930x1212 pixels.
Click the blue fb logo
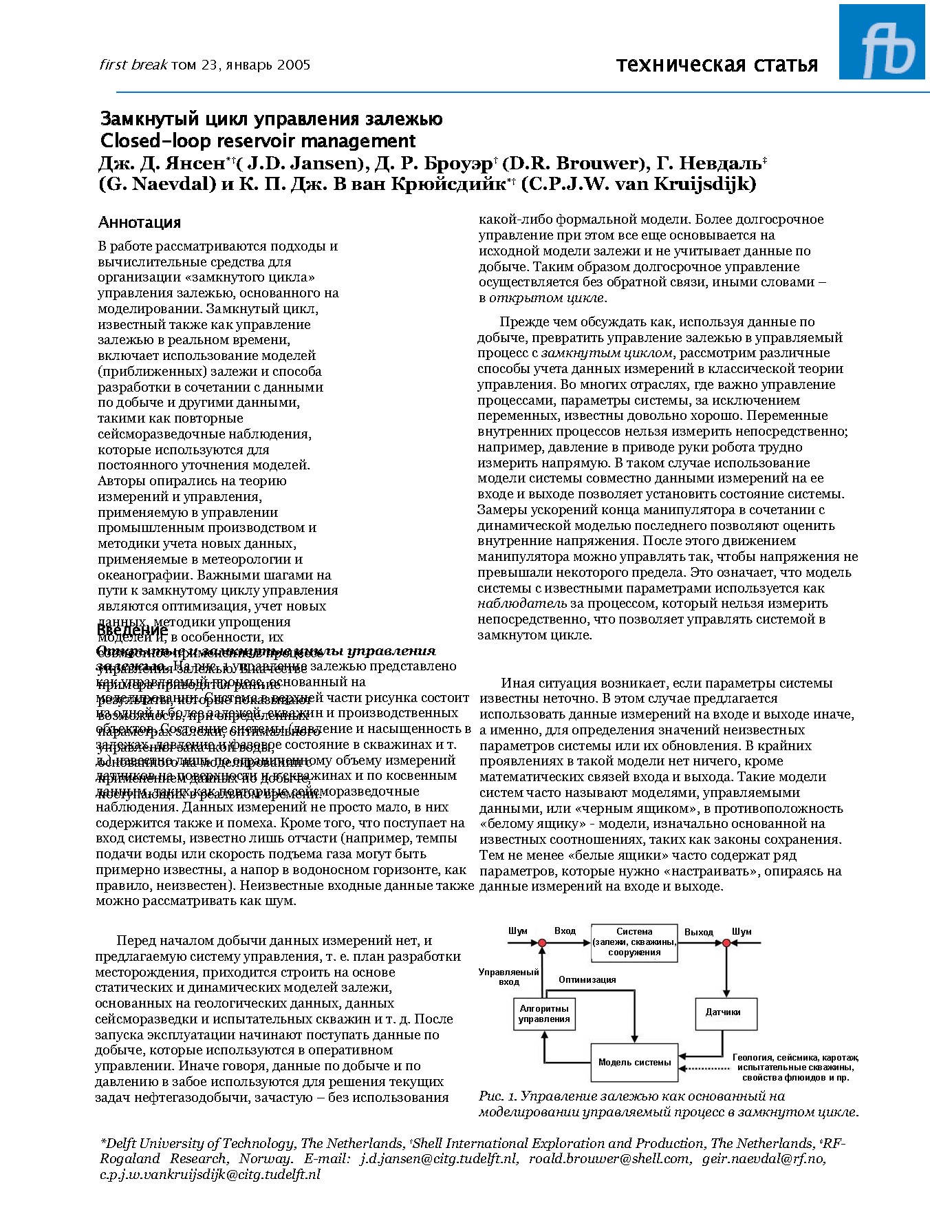pyautogui.click(x=882, y=42)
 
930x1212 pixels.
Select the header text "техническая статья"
pyautogui.click(x=717, y=65)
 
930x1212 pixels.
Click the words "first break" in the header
pyautogui.click(x=133, y=65)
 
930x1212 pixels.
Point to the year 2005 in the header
pyautogui.click(x=294, y=65)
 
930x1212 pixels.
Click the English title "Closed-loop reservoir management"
pyautogui.click(x=258, y=141)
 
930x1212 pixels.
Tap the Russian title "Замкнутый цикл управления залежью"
pyautogui.click(x=271, y=119)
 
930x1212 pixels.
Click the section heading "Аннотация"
pyautogui.click(x=140, y=222)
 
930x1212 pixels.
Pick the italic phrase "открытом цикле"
pyautogui.click(x=547, y=298)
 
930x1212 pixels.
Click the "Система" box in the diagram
pyautogui.click(x=634, y=942)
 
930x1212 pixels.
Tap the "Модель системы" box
pyautogui.click(x=634, y=1062)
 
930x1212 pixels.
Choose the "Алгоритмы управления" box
pyautogui.click(x=544, y=1013)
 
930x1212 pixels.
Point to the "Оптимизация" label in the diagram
pyautogui.click(x=587, y=979)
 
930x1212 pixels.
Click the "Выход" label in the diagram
pyautogui.click(x=698, y=932)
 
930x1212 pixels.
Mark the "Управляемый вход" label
pyautogui.click(x=509, y=977)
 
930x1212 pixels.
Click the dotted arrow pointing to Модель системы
pyautogui.click(x=704, y=1068)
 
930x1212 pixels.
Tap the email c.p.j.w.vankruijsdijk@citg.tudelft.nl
pyautogui.click(x=210, y=1175)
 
